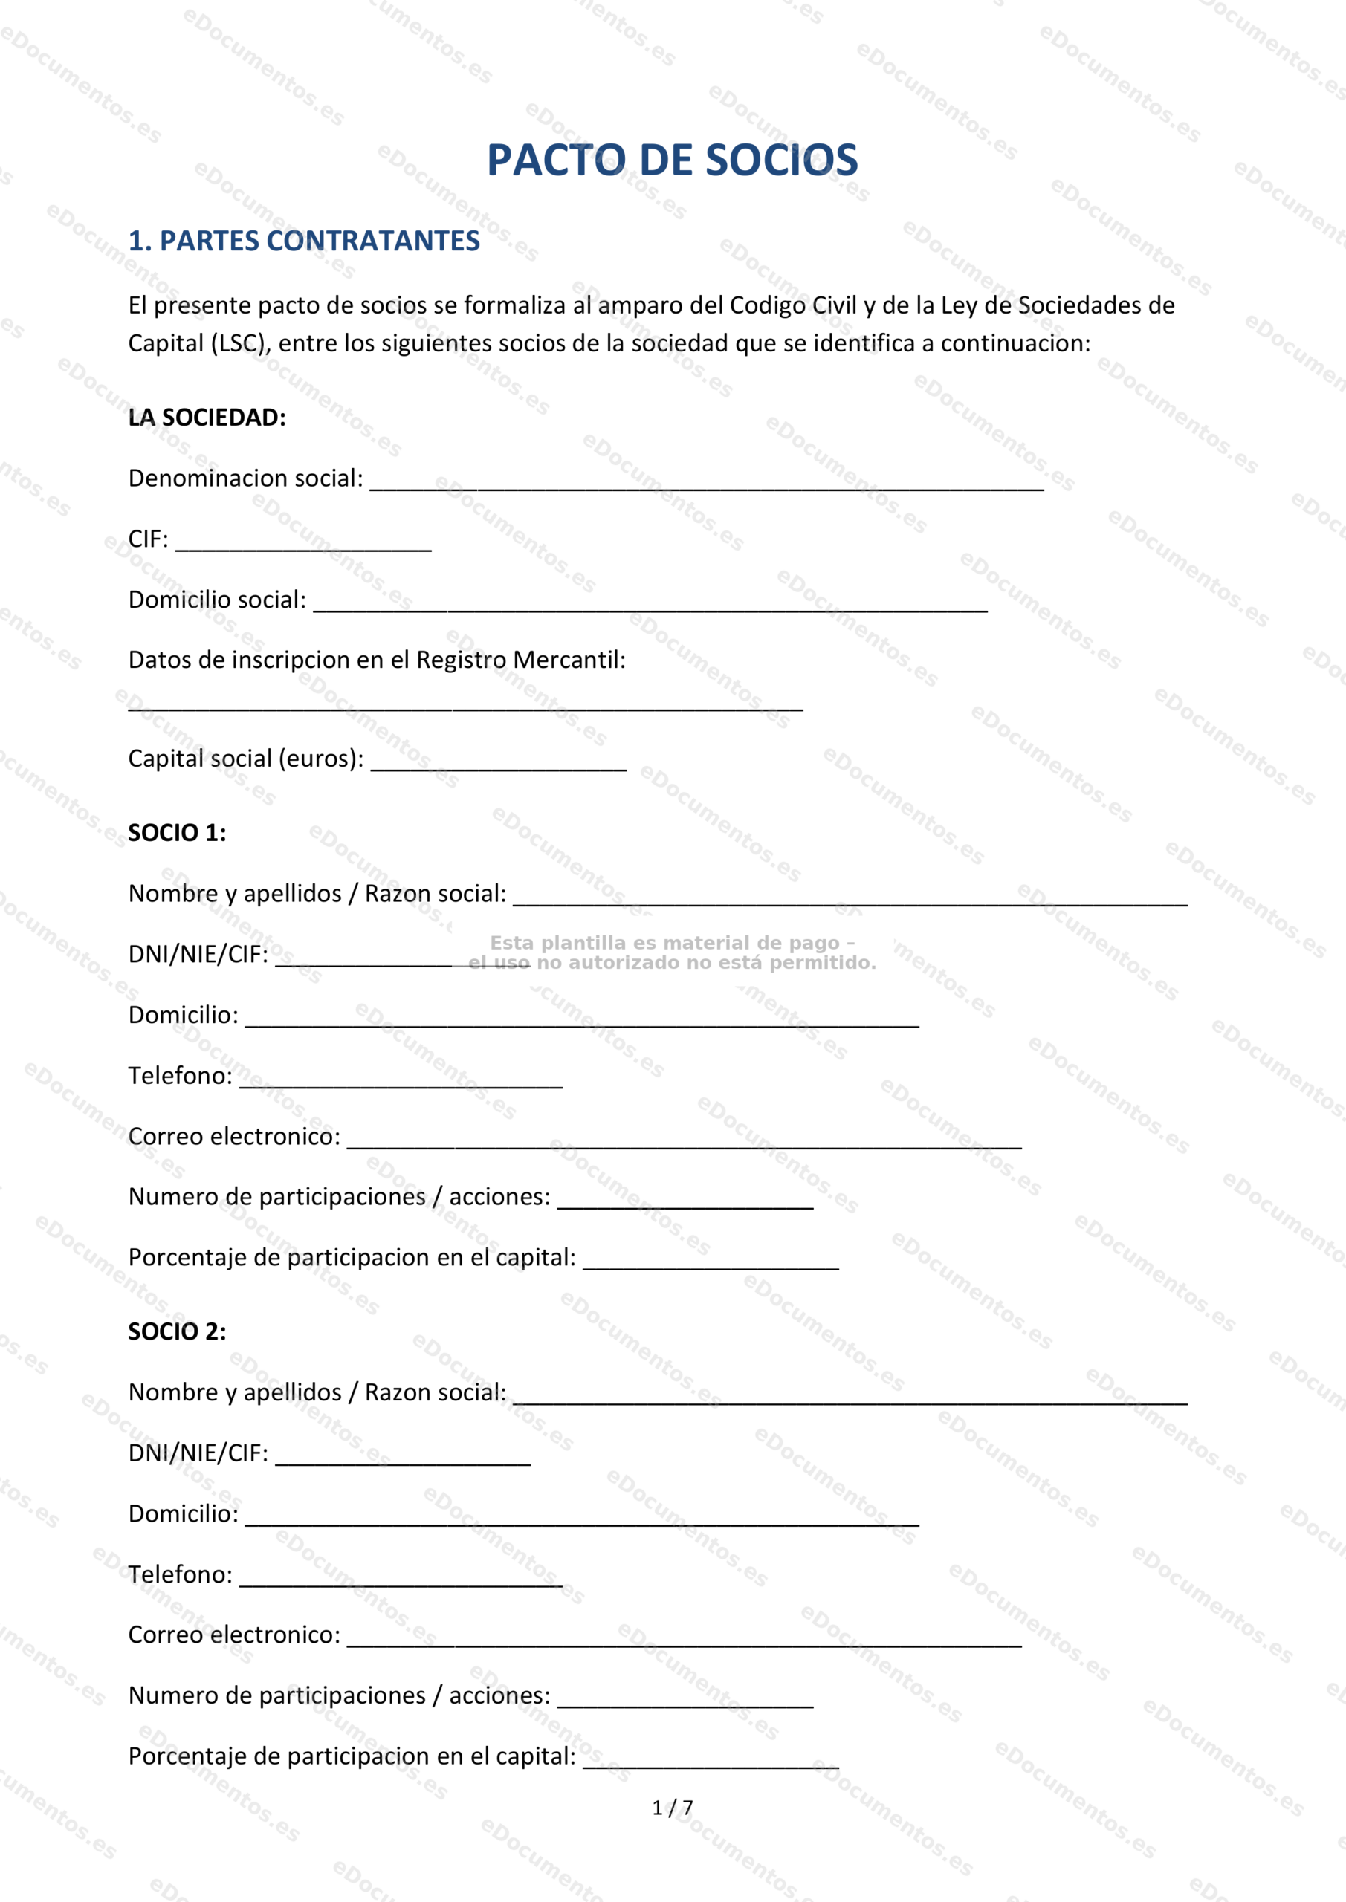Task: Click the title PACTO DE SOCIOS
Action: [671, 160]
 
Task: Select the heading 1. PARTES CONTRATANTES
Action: [303, 241]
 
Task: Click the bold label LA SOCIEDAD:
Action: [207, 418]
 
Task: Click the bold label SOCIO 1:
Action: [177, 834]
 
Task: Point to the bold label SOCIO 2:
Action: [177, 1332]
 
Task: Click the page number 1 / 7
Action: [672, 1808]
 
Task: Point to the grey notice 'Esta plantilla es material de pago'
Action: [671, 944]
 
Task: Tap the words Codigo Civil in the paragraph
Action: [792, 305]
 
